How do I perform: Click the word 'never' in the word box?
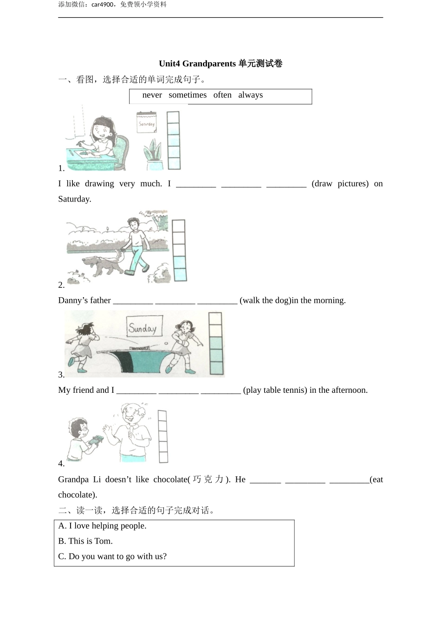tap(152, 95)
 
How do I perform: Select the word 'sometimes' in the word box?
tap(188, 95)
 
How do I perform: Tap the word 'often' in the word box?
tap(222, 95)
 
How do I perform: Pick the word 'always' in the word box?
tap(251, 95)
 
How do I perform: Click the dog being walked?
tap(104, 266)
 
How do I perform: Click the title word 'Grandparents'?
tap(209, 64)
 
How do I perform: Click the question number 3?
tap(61, 375)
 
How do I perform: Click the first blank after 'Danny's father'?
tap(133, 301)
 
